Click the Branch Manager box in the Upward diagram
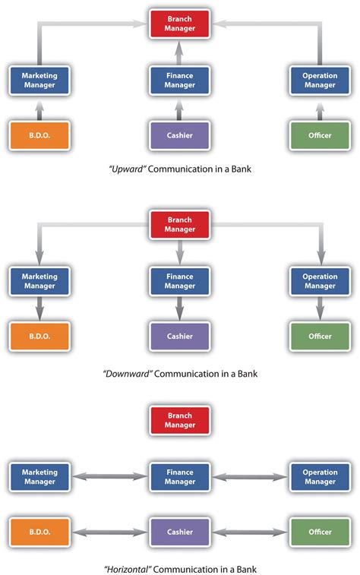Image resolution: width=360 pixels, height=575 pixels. [179, 23]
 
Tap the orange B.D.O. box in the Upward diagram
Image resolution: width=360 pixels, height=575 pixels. [39, 134]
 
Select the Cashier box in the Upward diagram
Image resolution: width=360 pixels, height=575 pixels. [179, 134]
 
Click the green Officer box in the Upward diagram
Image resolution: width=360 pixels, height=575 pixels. [320, 134]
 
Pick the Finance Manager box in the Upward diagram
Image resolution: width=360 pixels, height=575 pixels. [179, 81]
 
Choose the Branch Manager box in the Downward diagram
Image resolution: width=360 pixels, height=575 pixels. [179, 225]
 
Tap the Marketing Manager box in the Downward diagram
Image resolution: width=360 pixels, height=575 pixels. [39, 281]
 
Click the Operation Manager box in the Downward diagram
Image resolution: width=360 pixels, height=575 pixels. [320, 281]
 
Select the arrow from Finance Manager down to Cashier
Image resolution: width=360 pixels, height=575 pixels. [179, 308]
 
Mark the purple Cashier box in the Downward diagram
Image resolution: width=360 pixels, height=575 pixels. [179, 336]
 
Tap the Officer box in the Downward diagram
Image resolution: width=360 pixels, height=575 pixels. [320, 336]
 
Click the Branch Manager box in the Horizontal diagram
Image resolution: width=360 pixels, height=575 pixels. [179, 420]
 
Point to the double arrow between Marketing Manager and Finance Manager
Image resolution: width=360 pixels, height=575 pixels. [109, 477]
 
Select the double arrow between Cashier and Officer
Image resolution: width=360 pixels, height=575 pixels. [250, 532]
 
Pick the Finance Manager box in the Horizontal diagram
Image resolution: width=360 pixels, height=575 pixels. [179, 477]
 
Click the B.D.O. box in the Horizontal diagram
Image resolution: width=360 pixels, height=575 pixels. [39, 532]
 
